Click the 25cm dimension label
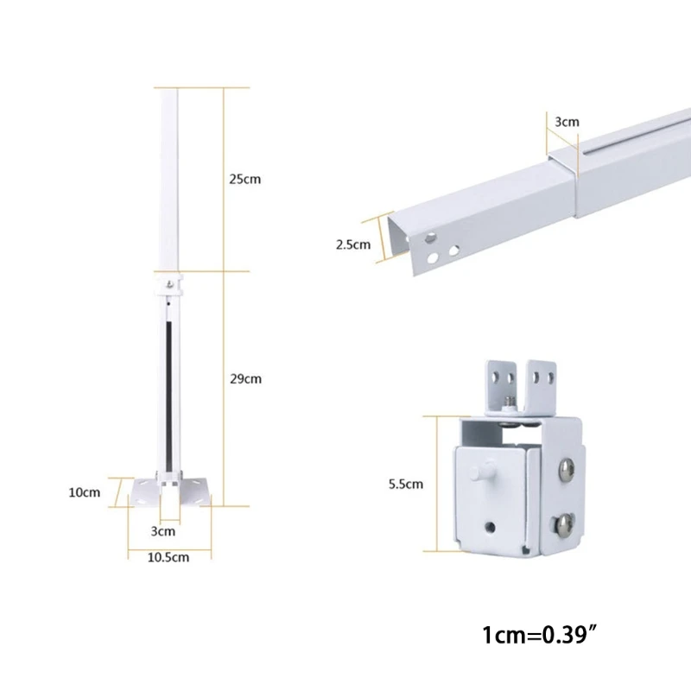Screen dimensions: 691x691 click(x=244, y=180)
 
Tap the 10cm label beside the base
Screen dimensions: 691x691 click(x=86, y=492)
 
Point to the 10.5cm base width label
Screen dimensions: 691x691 click(x=169, y=558)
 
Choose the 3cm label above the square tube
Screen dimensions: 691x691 click(x=567, y=122)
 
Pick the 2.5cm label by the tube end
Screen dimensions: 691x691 click(x=352, y=244)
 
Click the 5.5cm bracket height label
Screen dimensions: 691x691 click(x=406, y=484)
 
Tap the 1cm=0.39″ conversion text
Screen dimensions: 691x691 click(x=541, y=637)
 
